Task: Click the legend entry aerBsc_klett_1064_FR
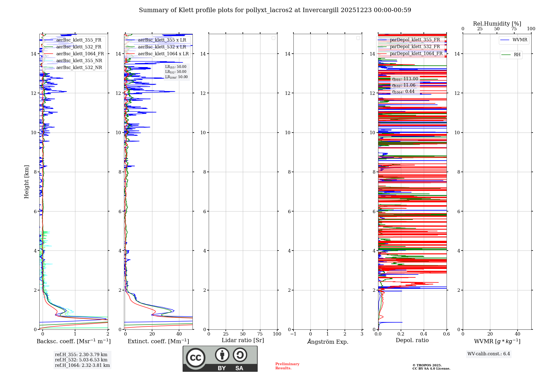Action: pyautogui.click(x=80, y=54)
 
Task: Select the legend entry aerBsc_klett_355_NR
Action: pyautogui.click(x=79, y=61)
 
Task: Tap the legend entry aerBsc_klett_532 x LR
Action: pyautogui.click(x=162, y=47)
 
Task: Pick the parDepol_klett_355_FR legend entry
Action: pyautogui.click(x=415, y=40)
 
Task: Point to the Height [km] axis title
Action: pyautogui.click(x=26, y=182)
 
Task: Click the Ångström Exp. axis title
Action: pyautogui.click(x=328, y=342)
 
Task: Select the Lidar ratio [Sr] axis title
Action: pyautogui.click(x=243, y=340)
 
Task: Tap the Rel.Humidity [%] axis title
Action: pyautogui.click(x=497, y=24)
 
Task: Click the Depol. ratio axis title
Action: pyautogui.click(x=412, y=340)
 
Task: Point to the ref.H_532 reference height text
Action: pyautogui.click(x=81, y=360)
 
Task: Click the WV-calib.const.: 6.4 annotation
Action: pyautogui.click(x=489, y=354)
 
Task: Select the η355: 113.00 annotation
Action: pyautogui.click(x=405, y=79)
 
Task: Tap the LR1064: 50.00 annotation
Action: pyautogui.click(x=176, y=77)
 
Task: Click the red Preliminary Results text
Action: pyautogui.click(x=287, y=366)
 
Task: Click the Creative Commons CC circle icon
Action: pyautogui.click(x=196, y=358)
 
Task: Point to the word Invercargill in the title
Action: pyautogui.click(x=321, y=10)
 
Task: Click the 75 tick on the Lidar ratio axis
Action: pyautogui.click(x=260, y=334)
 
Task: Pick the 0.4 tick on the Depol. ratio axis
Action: pyautogui.click(x=424, y=334)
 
